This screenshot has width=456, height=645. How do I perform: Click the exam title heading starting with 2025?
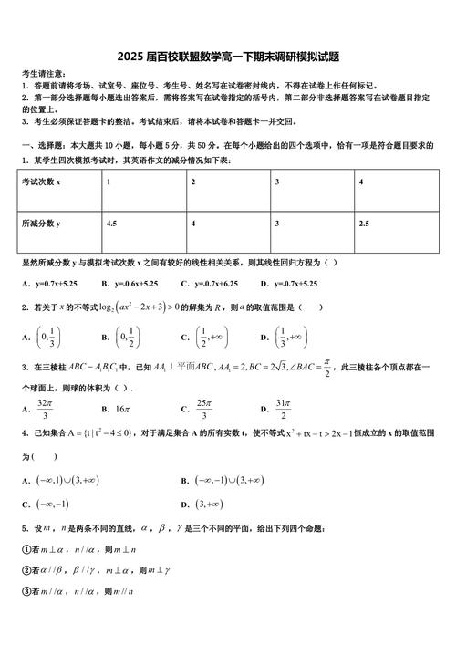click(x=228, y=56)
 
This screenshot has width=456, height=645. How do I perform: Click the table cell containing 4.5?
click(x=112, y=223)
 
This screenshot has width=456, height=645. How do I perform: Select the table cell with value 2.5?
click(x=364, y=223)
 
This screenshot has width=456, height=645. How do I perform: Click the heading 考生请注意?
click(x=43, y=73)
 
